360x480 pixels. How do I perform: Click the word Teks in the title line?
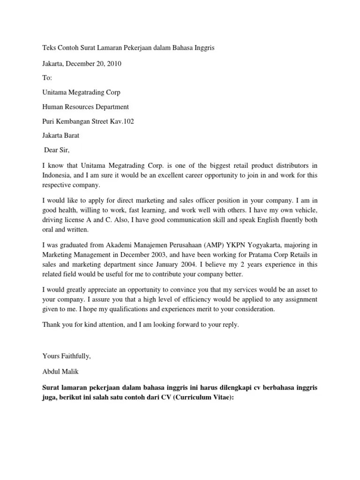[49, 48]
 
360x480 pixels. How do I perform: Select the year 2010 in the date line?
[114, 63]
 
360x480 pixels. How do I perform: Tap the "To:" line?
[47, 78]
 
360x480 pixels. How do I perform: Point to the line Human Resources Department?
[85, 107]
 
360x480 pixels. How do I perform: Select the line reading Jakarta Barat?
[61, 136]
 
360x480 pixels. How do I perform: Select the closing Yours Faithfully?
[66, 356]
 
